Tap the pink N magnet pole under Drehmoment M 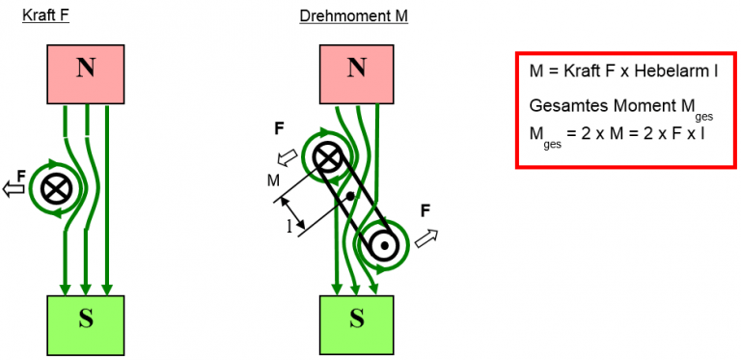(356, 69)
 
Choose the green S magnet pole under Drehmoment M (356, 319)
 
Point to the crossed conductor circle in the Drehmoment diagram (328, 156)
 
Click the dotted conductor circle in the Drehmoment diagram (384, 245)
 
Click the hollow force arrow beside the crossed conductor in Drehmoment (287, 159)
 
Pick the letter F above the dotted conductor (425, 208)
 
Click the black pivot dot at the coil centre (349, 197)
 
